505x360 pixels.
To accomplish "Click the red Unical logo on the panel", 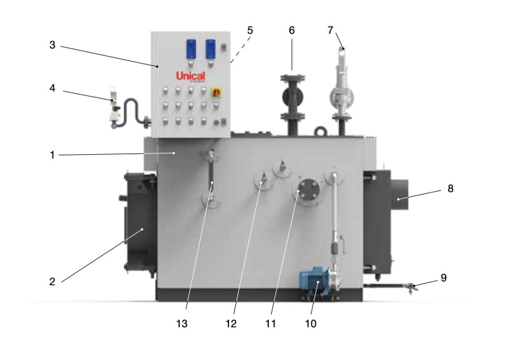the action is click(x=191, y=76).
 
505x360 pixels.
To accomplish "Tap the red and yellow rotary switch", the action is click(x=216, y=92).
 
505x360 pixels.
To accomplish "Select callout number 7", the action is click(x=330, y=30).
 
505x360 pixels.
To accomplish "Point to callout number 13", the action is click(x=181, y=324).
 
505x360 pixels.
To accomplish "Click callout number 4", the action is click(x=53, y=88).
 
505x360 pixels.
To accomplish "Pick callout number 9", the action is click(x=443, y=277).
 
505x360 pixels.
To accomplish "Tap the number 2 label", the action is click(x=52, y=282).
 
